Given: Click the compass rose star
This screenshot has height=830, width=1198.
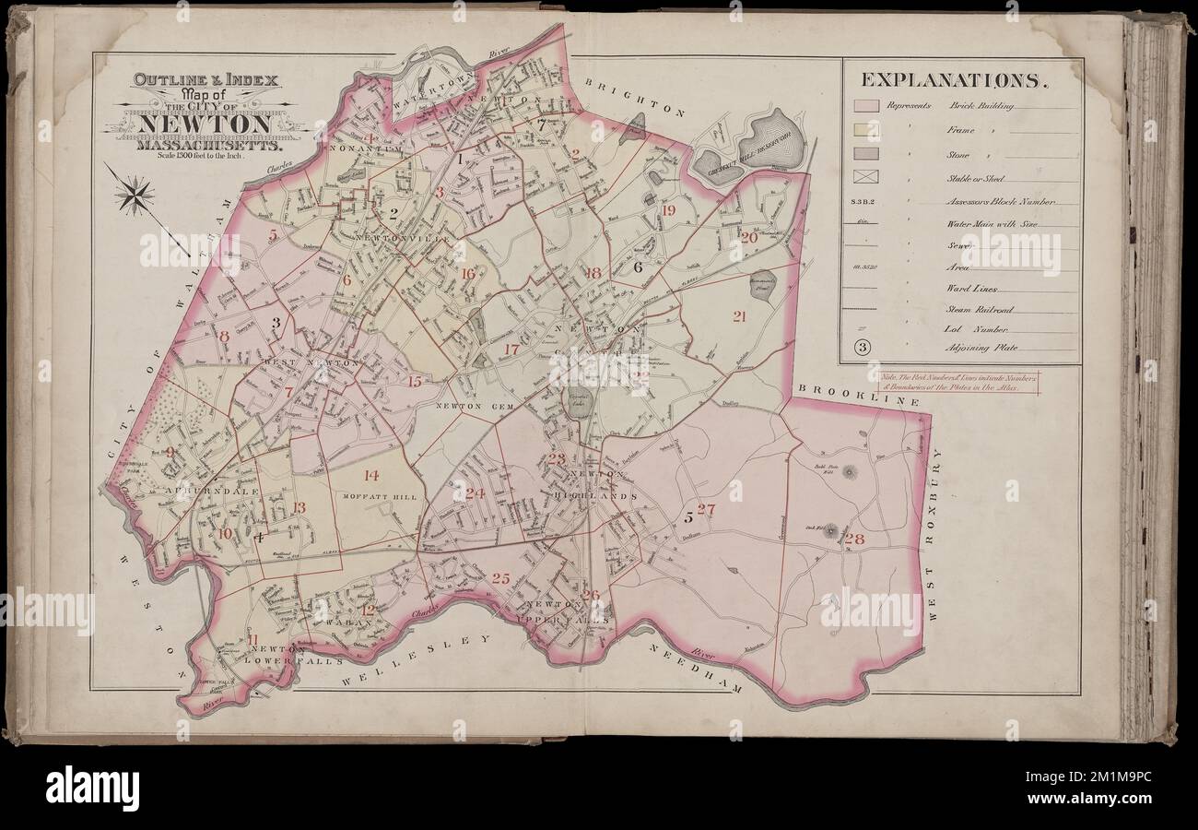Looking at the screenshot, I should (135, 195).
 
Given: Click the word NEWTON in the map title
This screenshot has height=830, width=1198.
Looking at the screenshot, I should (206, 124).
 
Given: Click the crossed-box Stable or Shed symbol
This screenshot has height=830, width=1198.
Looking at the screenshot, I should (866, 176).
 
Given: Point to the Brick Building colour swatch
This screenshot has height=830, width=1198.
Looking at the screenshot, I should (866, 106).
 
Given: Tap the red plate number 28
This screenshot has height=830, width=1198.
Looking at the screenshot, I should (853, 539).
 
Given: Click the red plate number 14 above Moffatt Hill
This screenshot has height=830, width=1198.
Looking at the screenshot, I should (370, 476).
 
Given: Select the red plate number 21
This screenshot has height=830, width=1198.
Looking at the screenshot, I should (739, 316).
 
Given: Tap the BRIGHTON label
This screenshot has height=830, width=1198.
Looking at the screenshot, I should (635, 98).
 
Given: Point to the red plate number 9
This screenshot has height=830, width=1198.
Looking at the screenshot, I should (170, 452).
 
